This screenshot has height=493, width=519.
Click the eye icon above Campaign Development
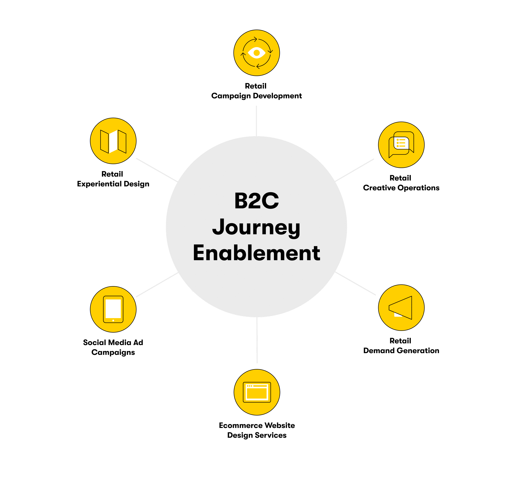click(x=257, y=53)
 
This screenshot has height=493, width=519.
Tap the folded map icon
click(x=113, y=141)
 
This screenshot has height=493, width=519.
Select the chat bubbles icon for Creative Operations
click(x=401, y=145)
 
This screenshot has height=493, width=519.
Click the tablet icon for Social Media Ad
click(x=113, y=309)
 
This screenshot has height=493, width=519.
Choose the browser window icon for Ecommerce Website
click(x=257, y=392)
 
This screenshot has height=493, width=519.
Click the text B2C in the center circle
click(x=257, y=201)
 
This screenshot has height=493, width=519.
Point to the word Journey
click(x=256, y=228)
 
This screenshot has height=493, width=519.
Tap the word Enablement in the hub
click(x=257, y=253)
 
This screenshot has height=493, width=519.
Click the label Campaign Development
click(x=257, y=96)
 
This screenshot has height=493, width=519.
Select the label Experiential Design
click(x=113, y=184)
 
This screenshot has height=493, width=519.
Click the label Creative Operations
click(x=401, y=188)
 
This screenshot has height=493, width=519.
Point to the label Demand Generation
click(x=401, y=351)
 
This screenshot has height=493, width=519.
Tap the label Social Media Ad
click(x=113, y=342)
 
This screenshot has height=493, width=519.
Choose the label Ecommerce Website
click(x=257, y=426)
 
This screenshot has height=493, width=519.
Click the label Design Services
click(x=257, y=435)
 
